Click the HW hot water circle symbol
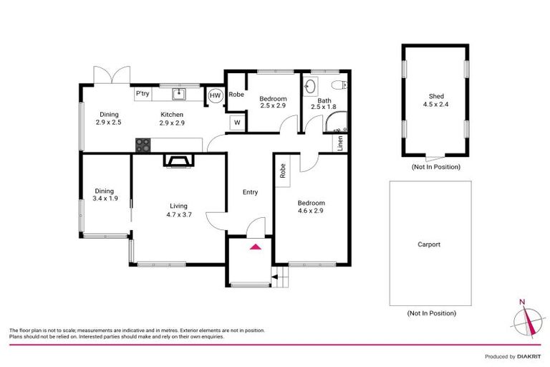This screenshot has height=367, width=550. (215, 95)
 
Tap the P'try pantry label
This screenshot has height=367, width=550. (142, 94)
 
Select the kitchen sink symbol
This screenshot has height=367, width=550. (179, 94)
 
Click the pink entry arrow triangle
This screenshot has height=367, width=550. (254, 247)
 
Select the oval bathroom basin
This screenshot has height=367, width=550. (309, 87)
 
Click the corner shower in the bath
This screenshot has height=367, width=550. (336, 125)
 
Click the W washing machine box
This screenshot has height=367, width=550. (235, 123)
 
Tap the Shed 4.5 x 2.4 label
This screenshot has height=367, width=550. (436, 101)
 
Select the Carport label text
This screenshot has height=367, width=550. (429, 244)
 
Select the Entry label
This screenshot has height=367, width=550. (250, 192)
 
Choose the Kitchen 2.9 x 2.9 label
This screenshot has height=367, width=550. (172, 119)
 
